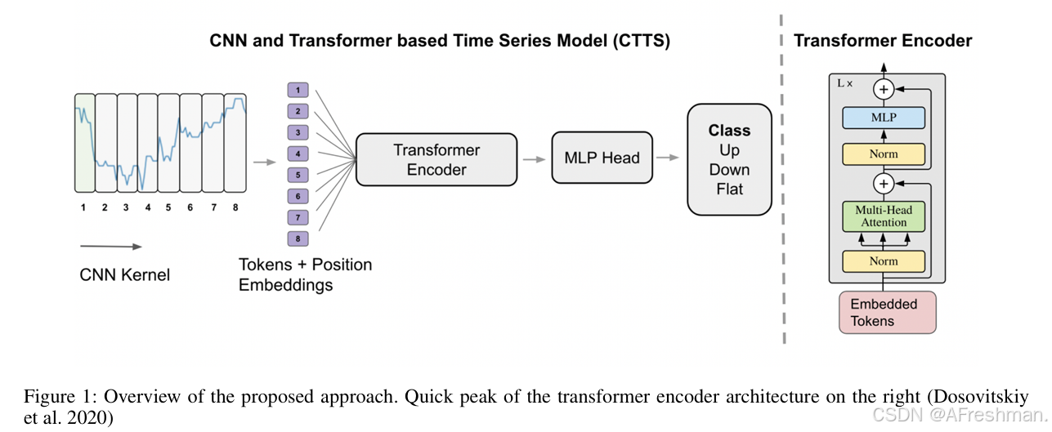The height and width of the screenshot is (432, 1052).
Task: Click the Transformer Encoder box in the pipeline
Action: point(436,159)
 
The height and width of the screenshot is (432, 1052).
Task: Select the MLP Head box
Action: point(602,158)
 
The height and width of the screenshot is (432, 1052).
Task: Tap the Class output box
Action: point(729,159)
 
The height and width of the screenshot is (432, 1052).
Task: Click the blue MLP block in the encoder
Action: point(883,118)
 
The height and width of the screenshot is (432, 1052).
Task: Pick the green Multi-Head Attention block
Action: point(883,216)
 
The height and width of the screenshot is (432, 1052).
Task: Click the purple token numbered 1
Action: point(298,90)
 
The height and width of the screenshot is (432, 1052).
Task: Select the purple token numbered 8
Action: point(298,238)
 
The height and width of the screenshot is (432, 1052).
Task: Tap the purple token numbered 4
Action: point(298,154)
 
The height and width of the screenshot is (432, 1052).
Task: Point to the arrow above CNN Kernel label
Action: point(110,246)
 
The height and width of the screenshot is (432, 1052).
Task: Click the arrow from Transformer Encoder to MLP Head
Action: point(535,159)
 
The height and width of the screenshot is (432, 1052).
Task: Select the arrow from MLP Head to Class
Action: point(669,158)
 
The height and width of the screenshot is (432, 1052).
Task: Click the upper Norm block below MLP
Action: point(883,154)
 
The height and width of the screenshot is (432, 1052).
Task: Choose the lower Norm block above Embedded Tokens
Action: point(883,261)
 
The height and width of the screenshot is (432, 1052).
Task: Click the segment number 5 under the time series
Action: point(168,207)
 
